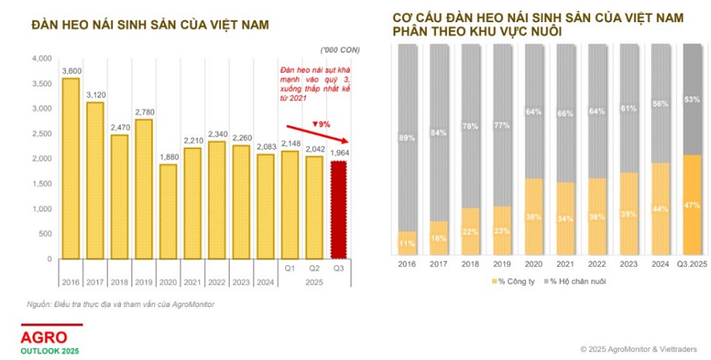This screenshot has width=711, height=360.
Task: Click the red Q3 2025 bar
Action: (339, 209)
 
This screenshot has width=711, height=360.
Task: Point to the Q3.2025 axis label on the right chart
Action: (692, 265)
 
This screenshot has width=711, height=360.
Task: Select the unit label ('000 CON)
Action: (339, 51)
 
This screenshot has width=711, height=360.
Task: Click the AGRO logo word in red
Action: (44, 336)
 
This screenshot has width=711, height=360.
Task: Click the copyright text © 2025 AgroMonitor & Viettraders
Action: (638, 348)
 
